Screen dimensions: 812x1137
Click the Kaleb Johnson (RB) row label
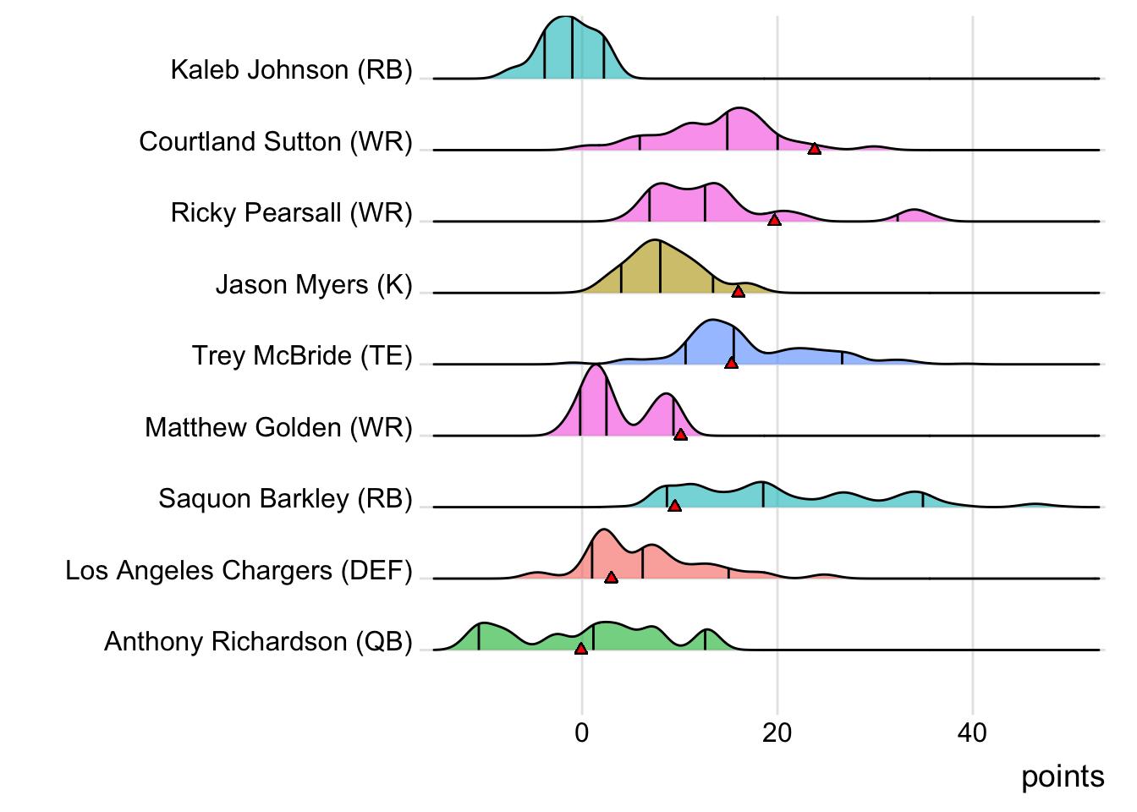(x=291, y=69)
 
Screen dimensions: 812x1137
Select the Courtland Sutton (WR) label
(x=276, y=141)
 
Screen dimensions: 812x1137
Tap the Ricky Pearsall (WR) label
(x=291, y=212)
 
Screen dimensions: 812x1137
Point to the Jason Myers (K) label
(x=314, y=284)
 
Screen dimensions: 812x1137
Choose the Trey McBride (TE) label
(x=302, y=355)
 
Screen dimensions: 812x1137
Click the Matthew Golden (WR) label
(x=278, y=427)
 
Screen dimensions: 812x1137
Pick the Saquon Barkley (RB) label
(x=285, y=498)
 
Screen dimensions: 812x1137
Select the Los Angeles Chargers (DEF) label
(x=239, y=570)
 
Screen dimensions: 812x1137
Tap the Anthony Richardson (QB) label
(x=258, y=641)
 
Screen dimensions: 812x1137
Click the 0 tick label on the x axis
(x=582, y=732)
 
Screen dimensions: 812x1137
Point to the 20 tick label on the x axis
(x=777, y=732)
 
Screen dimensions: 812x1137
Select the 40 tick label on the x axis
(x=972, y=732)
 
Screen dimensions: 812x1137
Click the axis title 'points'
(x=1063, y=776)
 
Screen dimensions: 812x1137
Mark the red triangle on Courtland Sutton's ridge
(x=814, y=149)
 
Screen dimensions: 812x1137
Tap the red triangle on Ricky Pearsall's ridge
(x=774, y=220)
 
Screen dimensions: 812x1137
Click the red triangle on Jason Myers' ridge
(x=738, y=292)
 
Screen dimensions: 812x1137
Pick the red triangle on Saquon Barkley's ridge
(x=674, y=506)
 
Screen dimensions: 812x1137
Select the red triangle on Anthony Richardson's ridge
(x=580, y=649)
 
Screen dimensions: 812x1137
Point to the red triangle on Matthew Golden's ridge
(x=680, y=435)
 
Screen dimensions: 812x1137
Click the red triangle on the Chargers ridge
(x=611, y=578)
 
